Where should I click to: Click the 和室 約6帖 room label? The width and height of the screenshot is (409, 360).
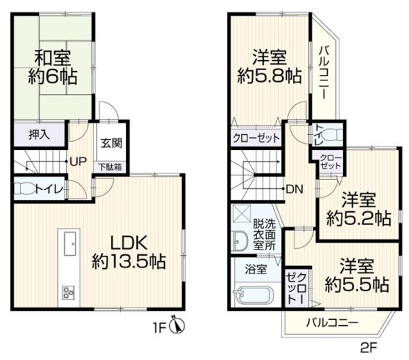coord(52,67)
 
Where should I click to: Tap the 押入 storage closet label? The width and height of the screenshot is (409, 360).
coord(39,135)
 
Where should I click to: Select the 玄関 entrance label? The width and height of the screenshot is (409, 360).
coord(112,143)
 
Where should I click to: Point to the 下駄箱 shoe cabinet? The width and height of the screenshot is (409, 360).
coord(110,167)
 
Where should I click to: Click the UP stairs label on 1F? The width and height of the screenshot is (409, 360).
coord(78,162)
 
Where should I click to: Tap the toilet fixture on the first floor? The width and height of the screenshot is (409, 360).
coord(24,188)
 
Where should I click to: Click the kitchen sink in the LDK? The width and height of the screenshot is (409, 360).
coord(70,244)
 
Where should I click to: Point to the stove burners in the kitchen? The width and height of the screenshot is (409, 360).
coord(68,292)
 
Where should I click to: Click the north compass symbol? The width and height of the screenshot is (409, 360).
coord(177,325)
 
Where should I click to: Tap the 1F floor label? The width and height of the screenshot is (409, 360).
coord(160,329)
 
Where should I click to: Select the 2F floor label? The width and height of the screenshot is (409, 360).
coord(369,348)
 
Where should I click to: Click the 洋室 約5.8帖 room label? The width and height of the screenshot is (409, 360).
coord(269,67)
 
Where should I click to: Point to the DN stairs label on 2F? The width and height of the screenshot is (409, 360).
coord(294,189)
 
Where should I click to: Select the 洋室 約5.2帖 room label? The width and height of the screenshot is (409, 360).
coord(359,209)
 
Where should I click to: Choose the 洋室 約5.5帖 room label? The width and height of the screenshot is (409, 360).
coord(357,275)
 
